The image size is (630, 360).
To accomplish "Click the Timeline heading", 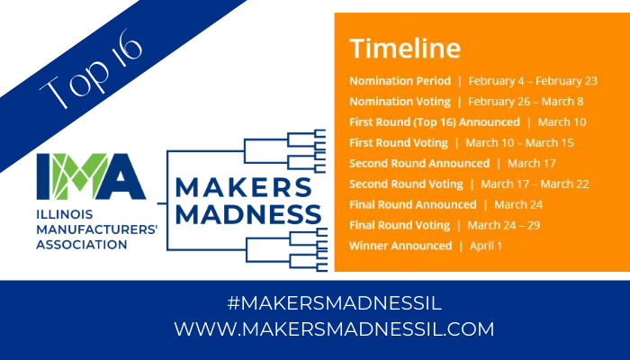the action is [405, 49].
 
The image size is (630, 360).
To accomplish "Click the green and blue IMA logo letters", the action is [91, 176].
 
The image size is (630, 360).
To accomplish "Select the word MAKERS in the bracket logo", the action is [244, 187].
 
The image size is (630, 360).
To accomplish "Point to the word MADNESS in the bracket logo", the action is [248, 214].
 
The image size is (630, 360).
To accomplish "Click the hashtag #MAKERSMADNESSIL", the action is [334, 303].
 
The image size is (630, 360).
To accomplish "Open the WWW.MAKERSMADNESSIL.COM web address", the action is [334, 329].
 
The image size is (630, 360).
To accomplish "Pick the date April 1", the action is [486, 246].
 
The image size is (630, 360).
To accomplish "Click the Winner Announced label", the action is [400, 246].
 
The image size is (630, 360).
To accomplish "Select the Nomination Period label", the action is [400, 81].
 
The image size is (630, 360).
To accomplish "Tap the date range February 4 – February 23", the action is [533, 81].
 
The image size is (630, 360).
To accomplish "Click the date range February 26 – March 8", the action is [526, 102].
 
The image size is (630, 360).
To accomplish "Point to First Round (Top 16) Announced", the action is [435, 122].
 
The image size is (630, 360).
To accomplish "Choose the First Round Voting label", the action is [398, 143].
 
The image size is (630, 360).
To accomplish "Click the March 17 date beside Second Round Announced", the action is [531, 164].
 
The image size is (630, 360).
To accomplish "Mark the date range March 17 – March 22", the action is [535, 184].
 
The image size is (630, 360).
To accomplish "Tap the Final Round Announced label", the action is [412, 204].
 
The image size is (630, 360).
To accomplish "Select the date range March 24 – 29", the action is [503, 225].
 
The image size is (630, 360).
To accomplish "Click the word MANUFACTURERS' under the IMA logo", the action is [97, 229].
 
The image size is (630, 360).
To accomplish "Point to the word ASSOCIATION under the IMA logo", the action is [82, 245].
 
